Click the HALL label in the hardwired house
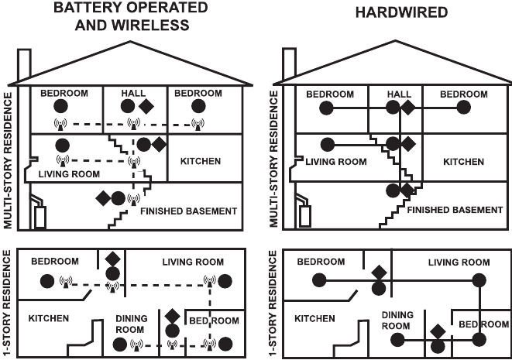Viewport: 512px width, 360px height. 400,94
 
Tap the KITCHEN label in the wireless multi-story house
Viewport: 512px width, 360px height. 200,161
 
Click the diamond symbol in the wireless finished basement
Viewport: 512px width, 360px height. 103,198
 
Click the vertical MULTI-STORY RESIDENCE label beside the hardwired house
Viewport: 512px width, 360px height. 272,159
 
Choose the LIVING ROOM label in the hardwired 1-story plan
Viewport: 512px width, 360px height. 459,262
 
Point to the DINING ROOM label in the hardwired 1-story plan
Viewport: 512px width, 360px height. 397,320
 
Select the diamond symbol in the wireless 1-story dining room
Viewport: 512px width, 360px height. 172,316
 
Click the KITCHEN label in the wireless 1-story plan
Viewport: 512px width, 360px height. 49,317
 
